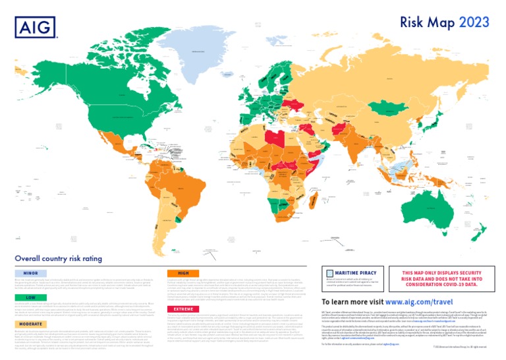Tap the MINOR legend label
point(31,272)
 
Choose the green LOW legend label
point(31,297)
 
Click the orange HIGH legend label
point(184,272)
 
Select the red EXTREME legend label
point(184,309)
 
